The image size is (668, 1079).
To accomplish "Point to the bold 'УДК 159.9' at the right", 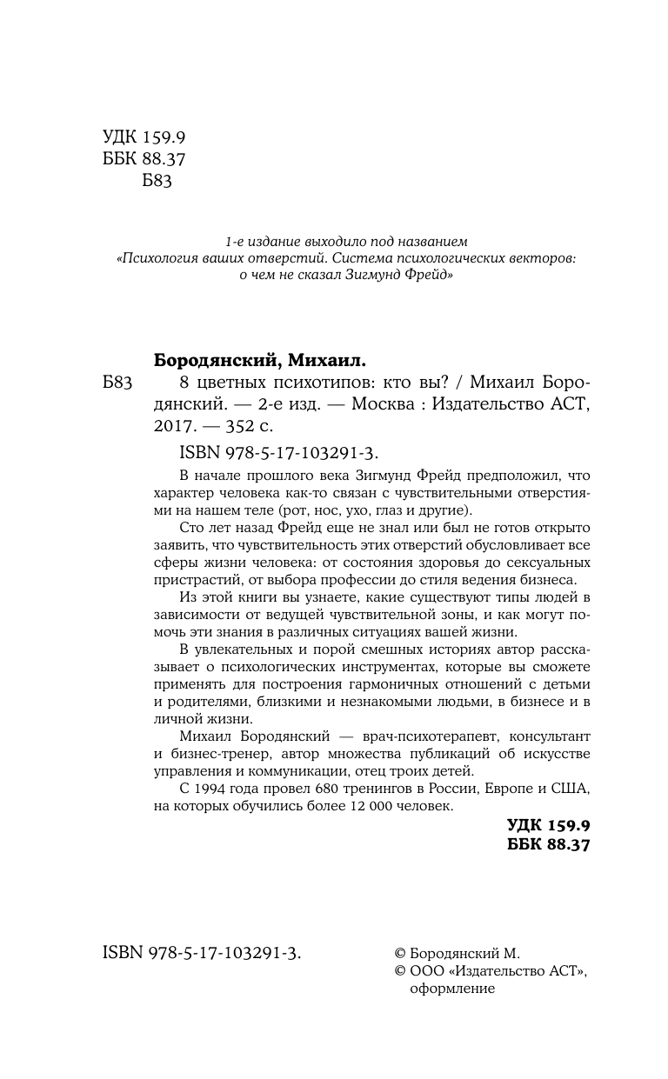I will tap(548, 825).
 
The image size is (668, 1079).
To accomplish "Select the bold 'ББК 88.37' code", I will tap(548, 845).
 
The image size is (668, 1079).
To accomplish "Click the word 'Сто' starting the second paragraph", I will tap(190, 529).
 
